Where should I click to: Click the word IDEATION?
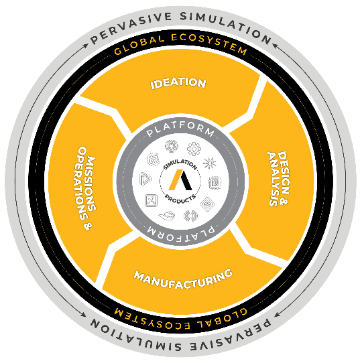(x=178, y=83)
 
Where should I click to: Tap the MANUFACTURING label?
(x=184, y=279)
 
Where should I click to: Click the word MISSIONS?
(x=89, y=184)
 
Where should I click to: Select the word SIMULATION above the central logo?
(x=180, y=163)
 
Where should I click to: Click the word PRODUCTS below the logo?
(x=180, y=199)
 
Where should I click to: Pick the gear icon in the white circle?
(x=194, y=149)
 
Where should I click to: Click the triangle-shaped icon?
(x=145, y=179)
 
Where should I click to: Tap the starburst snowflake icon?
(x=210, y=163)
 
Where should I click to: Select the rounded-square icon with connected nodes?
(x=151, y=200)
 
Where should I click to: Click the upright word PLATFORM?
(x=180, y=131)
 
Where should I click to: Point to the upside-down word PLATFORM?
(x=180, y=232)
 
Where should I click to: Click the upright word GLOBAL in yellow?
(x=139, y=45)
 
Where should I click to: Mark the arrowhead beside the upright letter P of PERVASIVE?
(x=86, y=46)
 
